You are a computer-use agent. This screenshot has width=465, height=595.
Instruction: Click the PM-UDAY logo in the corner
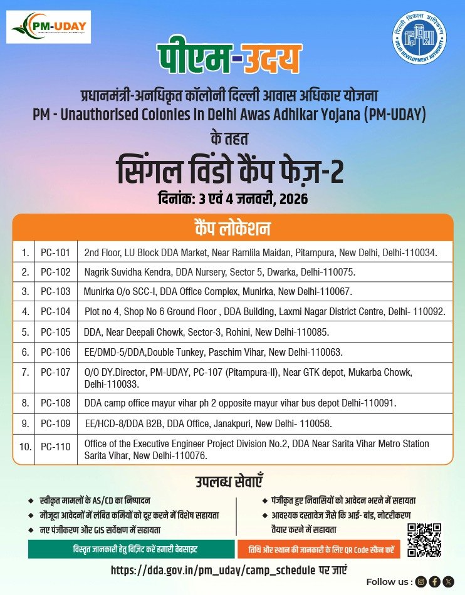tap(49, 27)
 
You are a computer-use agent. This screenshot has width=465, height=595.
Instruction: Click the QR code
tap(424, 540)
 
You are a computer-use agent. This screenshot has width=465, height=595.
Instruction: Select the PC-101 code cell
tap(55, 252)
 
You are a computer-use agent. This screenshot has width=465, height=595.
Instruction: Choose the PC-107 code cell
tap(55, 372)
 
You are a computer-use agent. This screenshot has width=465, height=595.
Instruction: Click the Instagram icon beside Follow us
tap(421, 582)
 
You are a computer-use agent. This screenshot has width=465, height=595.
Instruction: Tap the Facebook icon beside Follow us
tap(434, 582)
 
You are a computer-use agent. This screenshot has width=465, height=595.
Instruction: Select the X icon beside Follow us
tap(447, 582)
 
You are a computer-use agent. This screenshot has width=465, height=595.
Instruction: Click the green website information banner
tap(131, 549)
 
